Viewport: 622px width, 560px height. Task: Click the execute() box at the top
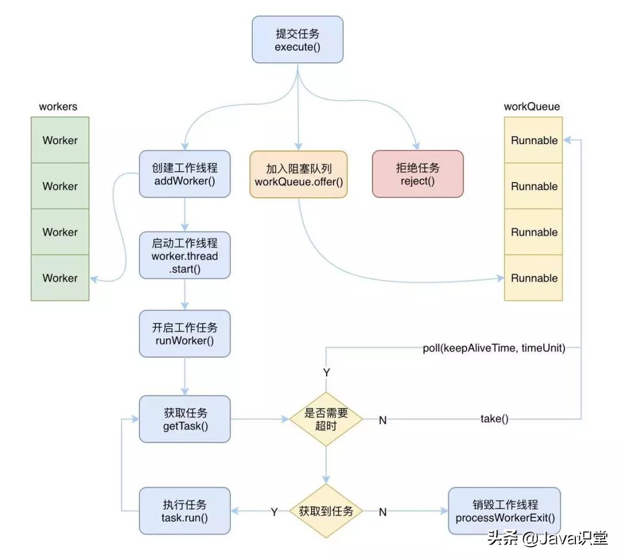tap(297, 39)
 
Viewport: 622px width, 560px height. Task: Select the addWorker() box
tap(184, 174)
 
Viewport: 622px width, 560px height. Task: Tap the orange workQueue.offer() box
tap(298, 175)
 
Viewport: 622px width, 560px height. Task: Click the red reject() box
tap(418, 174)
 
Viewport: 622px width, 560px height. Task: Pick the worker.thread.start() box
tap(184, 255)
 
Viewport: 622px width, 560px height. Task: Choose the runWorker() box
tap(184, 334)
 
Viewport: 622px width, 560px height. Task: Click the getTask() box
tap(184, 419)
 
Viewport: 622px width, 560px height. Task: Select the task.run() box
tap(184, 510)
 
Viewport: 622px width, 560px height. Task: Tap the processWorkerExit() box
tap(505, 510)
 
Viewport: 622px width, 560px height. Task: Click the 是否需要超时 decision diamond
tap(326, 419)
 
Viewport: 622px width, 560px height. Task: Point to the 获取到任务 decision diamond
tap(326, 510)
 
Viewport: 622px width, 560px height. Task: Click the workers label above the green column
tap(58, 107)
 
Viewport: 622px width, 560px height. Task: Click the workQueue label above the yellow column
tap(532, 107)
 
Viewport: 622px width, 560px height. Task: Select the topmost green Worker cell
tap(60, 140)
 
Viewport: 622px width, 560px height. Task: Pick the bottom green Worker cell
tap(60, 278)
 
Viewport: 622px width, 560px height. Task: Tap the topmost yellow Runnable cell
tap(534, 140)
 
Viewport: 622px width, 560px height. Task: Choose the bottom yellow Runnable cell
tap(534, 278)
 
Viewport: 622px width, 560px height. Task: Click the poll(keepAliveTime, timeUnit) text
tap(494, 348)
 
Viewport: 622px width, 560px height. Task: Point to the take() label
tap(494, 419)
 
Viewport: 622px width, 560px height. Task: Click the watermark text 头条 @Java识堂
tap(547, 538)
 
